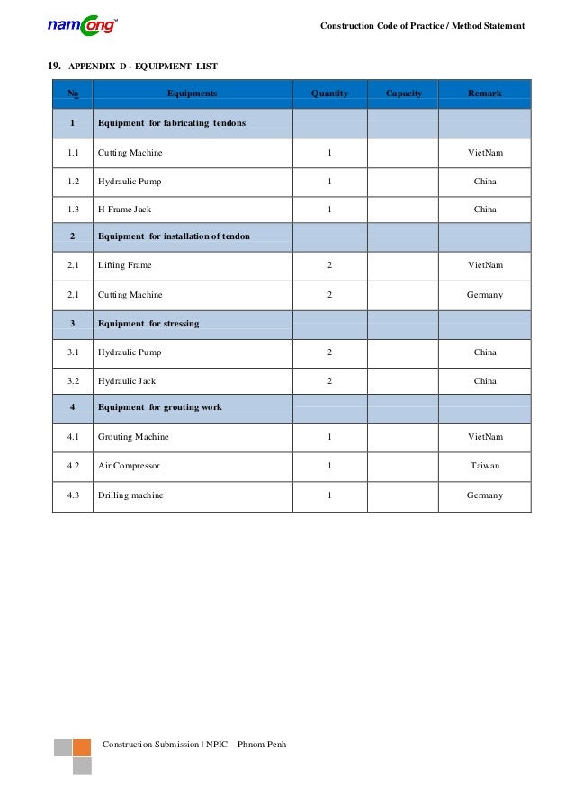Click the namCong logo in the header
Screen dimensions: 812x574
pos(82,25)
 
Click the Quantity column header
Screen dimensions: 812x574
pos(329,94)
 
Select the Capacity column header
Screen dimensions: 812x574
pos(403,94)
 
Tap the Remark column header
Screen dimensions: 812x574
pos(484,94)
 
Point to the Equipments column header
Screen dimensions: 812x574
pos(192,94)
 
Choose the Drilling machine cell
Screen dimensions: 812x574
pos(130,495)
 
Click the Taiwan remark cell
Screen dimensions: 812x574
pos(484,467)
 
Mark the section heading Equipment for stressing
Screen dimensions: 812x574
pos(148,323)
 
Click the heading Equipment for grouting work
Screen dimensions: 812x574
pos(159,407)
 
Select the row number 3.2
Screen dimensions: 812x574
pos(73,381)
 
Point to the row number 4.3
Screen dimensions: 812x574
pos(73,495)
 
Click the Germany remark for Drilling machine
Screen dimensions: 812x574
pos(484,495)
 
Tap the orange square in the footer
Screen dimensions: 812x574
pos(82,747)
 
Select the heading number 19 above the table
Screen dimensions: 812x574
pos(54,66)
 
